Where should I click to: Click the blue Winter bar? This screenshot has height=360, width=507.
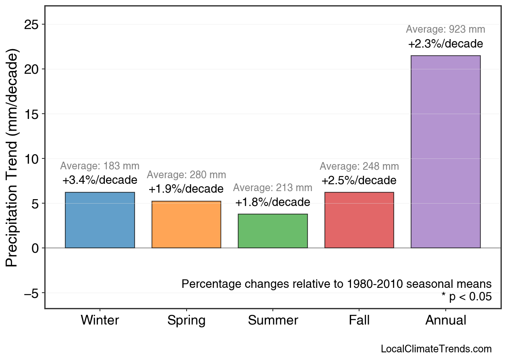(100, 220)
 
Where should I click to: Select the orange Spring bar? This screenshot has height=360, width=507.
(186, 225)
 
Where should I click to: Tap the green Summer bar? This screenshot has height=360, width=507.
(273, 231)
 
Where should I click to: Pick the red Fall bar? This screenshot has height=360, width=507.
(359, 220)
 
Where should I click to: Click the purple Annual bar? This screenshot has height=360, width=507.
(445, 152)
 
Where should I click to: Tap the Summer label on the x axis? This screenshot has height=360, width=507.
(273, 320)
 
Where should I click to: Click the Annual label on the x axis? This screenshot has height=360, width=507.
(445, 320)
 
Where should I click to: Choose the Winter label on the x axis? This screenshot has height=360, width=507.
(100, 320)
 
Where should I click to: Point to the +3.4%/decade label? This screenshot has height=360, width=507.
(100, 180)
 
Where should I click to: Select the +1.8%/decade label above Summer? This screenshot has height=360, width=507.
(273, 202)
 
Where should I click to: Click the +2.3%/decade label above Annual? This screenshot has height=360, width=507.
(445, 44)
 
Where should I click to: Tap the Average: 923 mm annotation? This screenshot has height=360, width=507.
(445, 29)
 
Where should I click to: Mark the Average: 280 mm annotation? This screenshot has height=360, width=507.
(186, 175)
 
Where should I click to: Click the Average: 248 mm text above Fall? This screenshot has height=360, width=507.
(359, 166)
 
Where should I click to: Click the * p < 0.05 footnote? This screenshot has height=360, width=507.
(466, 297)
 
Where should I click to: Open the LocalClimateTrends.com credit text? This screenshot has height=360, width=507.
(436, 349)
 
